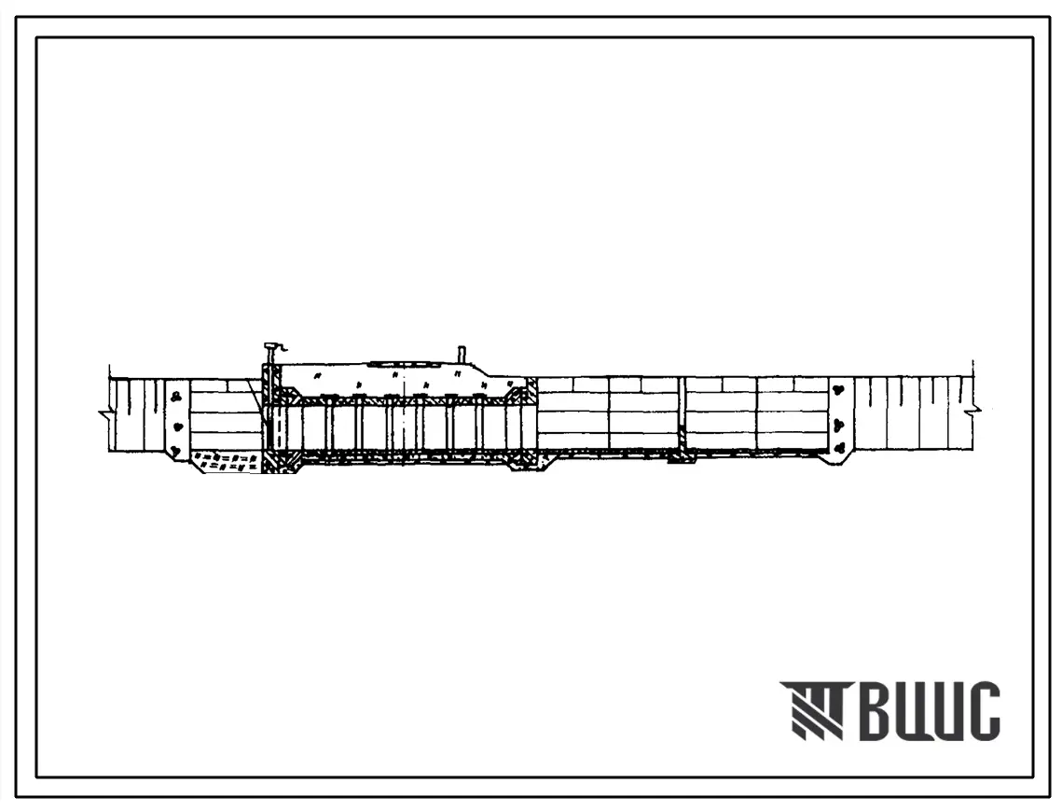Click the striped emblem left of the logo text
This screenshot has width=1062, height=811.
812,710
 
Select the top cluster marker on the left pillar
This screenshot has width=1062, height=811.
177,396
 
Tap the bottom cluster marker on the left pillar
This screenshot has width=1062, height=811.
176,450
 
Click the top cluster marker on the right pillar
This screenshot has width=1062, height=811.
839,390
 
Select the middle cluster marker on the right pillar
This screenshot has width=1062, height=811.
840,426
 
